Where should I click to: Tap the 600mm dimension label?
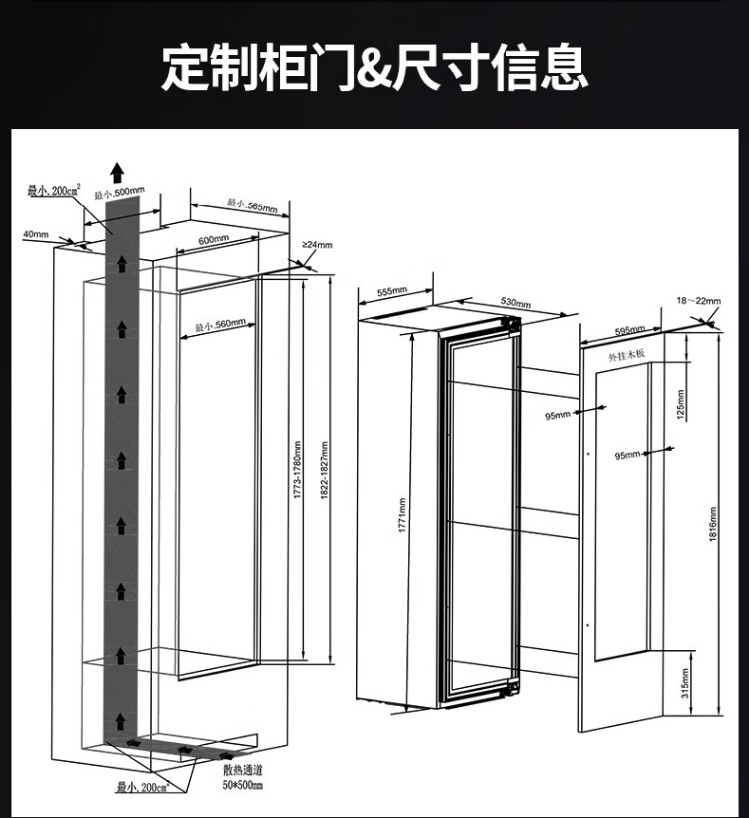click(214, 240)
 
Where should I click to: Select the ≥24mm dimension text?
click(317, 245)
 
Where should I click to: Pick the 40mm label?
click(35, 234)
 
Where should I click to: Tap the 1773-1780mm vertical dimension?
click(297, 474)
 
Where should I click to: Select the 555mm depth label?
click(393, 291)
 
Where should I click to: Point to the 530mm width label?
click(515, 301)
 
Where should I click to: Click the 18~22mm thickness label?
click(697, 299)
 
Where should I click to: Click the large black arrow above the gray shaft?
click(118, 170)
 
